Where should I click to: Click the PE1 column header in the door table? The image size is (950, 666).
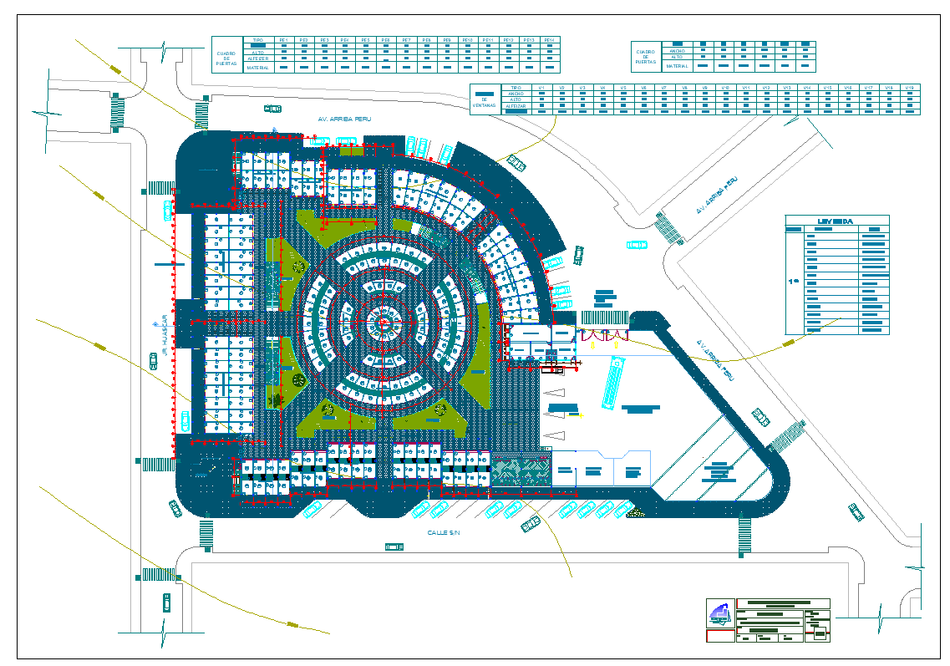283,40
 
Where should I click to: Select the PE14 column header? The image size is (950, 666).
549,40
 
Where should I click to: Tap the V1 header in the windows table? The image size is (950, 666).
541,88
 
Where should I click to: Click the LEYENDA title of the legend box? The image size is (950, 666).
836,221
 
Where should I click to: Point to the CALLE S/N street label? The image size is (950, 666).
444,532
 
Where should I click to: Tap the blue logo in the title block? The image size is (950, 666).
718,613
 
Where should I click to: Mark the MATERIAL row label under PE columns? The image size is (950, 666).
257,69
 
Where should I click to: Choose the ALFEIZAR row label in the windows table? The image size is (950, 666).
516,108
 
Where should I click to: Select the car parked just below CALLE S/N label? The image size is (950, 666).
394,547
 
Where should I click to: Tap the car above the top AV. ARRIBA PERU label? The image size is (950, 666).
272,108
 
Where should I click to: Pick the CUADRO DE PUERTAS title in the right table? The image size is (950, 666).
645,57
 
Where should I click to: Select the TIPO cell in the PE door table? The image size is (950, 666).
257,40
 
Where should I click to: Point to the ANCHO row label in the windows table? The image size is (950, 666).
516,94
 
